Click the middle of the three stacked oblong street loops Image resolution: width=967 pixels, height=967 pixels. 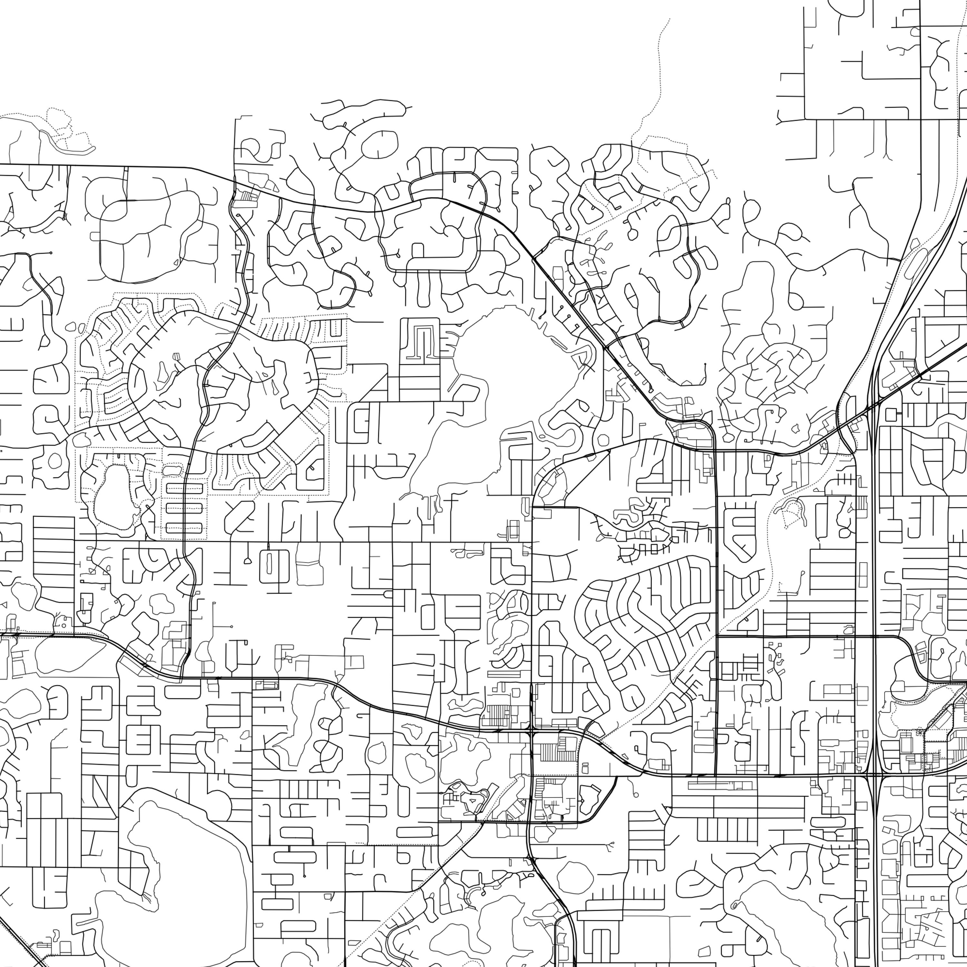pyautogui.click(x=184, y=508)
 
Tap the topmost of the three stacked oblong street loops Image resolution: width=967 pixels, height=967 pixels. pyautogui.click(x=184, y=489)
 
